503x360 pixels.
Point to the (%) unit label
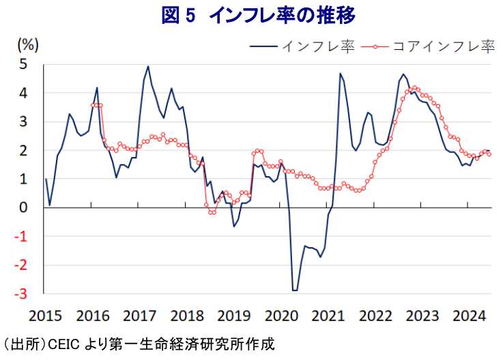(x=28, y=44)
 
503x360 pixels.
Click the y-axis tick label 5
(x=24, y=64)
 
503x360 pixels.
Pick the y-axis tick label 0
(x=24, y=208)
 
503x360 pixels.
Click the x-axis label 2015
(x=45, y=317)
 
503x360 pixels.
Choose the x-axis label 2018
(x=187, y=317)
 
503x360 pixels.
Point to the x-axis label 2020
(x=282, y=317)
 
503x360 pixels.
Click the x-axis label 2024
(x=471, y=317)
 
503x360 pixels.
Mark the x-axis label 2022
(x=377, y=317)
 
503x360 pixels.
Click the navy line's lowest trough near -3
(x=295, y=290)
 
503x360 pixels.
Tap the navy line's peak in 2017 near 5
(x=148, y=66)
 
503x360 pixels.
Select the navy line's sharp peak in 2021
(x=340, y=74)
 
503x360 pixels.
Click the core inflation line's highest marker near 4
(x=415, y=88)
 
